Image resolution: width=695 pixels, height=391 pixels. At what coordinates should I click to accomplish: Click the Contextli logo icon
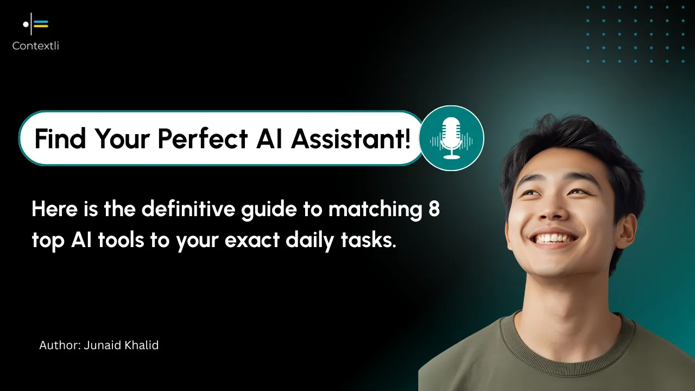click(x=36, y=24)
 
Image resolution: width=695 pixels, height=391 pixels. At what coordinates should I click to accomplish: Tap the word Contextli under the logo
click(x=36, y=46)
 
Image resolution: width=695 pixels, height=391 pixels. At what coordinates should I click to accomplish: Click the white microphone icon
click(x=451, y=138)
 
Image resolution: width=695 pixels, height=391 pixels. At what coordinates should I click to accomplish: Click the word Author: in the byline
click(x=60, y=345)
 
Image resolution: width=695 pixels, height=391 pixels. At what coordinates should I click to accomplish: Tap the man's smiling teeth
click(x=555, y=238)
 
